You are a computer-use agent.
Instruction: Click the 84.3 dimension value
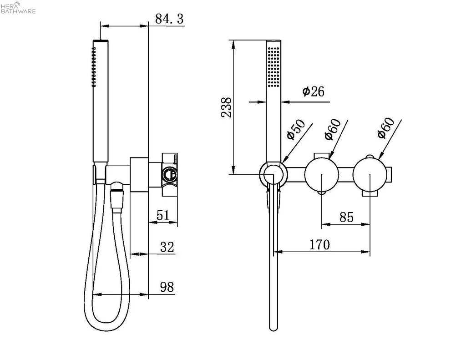[x=169, y=19]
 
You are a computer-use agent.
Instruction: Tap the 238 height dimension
[x=227, y=107]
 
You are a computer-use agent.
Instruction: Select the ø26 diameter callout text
[x=313, y=91]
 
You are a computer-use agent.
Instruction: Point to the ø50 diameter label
[x=296, y=129]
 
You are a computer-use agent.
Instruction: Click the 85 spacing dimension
[x=346, y=217]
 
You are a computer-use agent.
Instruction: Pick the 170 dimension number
[x=319, y=245]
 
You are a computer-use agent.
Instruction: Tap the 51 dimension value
[x=162, y=215]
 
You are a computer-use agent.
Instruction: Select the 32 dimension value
[x=167, y=247]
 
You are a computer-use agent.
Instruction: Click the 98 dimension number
[x=167, y=287]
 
